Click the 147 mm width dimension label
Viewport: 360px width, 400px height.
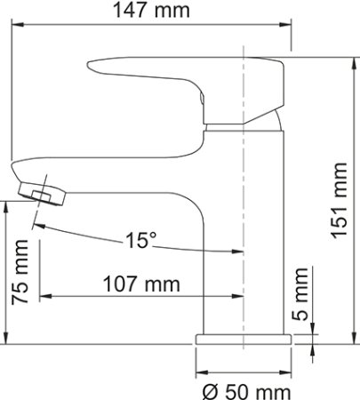(x=151, y=10)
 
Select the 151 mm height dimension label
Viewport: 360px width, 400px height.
(x=340, y=200)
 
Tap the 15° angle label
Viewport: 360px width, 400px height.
(x=141, y=240)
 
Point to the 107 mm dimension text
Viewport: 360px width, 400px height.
(x=141, y=284)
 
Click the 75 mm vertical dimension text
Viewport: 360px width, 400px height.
(x=20, y=272)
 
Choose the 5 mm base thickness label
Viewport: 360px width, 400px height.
(x=300, y=294)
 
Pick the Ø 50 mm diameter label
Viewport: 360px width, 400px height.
(x=246, y=392)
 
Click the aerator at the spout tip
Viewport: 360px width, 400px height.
(x=42, y=194)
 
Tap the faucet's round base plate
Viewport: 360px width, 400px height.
(x=244, y=340)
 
